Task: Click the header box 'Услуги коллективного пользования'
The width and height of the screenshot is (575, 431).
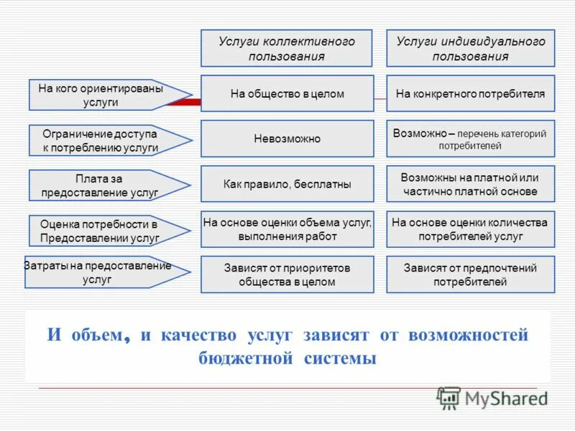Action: (286, 49)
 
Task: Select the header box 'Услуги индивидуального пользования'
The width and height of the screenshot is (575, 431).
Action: (471, 49)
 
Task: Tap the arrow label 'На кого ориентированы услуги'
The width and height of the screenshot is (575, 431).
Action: (101, 95)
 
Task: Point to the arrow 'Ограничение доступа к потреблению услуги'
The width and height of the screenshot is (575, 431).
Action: (101, 141)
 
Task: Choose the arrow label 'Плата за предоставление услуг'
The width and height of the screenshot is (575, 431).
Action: (101, 185)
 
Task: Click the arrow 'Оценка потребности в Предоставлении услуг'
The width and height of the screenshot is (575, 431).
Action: (101, 231)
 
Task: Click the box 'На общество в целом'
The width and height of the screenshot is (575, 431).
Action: (287, 93)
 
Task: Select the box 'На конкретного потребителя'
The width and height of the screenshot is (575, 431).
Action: (471, 93)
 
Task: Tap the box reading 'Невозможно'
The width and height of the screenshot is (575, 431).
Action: (287, 139)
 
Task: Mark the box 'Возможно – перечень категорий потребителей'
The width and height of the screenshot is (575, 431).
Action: (471, 139)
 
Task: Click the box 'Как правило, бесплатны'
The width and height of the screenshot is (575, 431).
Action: (287, 184)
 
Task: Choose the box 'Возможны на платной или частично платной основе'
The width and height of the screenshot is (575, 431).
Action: (471, 184)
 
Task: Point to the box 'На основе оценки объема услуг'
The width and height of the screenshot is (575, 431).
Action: (287, 229)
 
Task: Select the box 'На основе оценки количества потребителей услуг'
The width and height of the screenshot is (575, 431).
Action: (471, 229)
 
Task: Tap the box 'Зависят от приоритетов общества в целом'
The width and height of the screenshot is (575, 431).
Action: (287, 274)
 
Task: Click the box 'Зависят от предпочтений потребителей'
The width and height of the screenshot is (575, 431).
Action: (471, 274)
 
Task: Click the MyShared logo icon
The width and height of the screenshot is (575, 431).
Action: (449, 397)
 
